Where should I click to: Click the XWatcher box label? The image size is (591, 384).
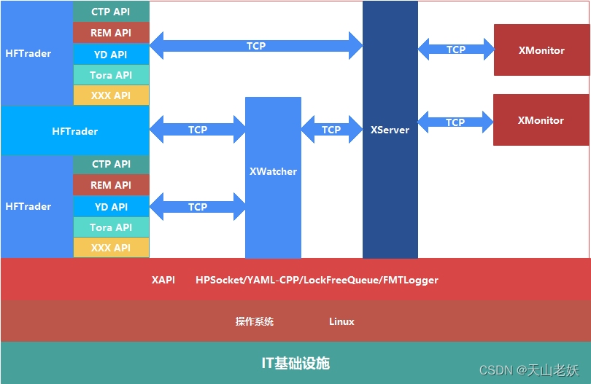click(273, 171)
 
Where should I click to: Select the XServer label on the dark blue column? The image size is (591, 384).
click(390, 130)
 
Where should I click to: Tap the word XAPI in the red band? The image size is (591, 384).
click(163, 280)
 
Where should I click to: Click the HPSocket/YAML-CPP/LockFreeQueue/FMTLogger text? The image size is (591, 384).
click(317, 280)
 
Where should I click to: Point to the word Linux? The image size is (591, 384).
click(341, 321)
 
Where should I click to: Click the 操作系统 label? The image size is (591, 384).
click(254, 321)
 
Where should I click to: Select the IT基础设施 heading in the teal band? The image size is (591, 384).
click(295, 363)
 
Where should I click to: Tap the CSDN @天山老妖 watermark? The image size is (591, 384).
click(529, 370)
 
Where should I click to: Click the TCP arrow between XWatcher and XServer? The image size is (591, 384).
click(331, 130)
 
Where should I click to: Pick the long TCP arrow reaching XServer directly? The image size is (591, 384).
click(256, 46)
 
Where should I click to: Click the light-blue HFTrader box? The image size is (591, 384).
click(74, 131)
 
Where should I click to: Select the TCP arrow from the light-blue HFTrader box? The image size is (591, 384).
click(198, 130)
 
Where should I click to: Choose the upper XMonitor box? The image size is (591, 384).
click(541, 50)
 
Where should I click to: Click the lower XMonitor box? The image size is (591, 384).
click(541, 120)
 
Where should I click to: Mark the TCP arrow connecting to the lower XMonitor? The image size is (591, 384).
click(455, 122)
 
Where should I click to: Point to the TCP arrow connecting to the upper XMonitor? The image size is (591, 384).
click(456, 50)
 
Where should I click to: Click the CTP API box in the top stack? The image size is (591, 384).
click(111, 12)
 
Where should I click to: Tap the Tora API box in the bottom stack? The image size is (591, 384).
click(111, 227)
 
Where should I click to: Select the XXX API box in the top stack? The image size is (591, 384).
click(111, 95)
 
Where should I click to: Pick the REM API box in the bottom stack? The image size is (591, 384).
click(111, 185)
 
